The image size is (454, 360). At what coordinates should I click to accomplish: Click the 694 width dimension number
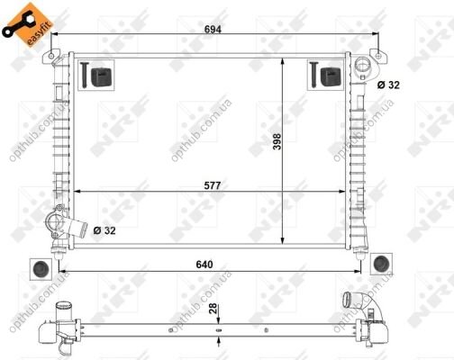pos(213,29)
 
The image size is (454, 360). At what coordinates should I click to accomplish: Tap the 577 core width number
pos(213,185)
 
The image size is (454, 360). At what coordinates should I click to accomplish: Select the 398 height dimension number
pos(277,141)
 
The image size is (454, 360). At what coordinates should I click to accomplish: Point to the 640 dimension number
pos(204,265)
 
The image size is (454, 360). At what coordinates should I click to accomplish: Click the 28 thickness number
pos(213,309)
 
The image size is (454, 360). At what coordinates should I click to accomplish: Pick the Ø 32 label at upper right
pos(388,85)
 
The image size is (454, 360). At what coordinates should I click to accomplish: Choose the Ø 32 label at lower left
pos(104,230)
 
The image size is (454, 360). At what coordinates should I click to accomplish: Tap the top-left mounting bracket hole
pos(51,56)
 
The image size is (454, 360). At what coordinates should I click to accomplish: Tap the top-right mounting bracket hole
pos(378,56)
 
